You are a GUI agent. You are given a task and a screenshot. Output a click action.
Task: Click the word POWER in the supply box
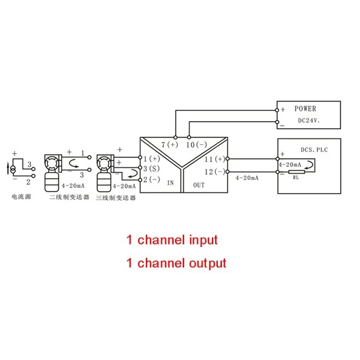(305, 108)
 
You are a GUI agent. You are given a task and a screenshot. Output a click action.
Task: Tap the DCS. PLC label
(314, 149)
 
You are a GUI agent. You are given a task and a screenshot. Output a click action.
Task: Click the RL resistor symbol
(296, 171)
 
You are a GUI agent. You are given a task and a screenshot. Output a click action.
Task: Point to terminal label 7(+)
(170, 144)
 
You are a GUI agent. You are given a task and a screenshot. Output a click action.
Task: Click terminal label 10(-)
(196, 144)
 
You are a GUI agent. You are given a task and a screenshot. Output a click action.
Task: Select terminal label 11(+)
(215, 159)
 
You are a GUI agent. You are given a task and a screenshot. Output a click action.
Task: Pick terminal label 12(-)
(215, 171)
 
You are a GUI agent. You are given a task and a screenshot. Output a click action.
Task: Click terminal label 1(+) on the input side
(152, 158)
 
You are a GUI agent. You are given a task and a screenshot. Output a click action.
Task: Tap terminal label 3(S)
(152, 168)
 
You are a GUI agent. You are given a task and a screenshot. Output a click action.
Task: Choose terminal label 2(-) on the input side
(152, 179)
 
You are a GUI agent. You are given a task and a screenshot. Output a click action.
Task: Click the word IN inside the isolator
(170, 184)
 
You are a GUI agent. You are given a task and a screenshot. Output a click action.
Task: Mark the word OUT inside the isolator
(199, 185)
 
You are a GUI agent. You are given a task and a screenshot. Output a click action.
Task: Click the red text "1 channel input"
(171, 240)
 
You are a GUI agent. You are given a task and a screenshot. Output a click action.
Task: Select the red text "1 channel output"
(176, 263)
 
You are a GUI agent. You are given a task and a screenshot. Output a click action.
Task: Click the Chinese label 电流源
(21, 197)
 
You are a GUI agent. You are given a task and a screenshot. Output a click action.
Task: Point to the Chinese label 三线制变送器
(116, 198)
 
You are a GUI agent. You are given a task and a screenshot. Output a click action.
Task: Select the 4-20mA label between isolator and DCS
(247, 178)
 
